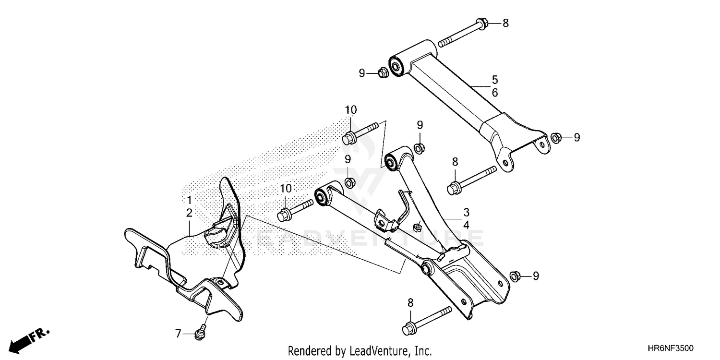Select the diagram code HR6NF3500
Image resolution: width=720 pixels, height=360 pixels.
coord(672,349)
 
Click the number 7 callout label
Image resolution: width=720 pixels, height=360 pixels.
coord(178,333)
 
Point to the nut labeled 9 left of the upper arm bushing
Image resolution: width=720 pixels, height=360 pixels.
coord(383,73)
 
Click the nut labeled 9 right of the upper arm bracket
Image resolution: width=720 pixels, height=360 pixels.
coord(556,138)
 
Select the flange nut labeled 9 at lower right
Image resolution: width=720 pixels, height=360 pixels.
coord(514,276)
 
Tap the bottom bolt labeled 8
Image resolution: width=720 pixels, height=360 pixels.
coord(409,329)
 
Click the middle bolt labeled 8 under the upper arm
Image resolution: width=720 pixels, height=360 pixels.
coord(454,189)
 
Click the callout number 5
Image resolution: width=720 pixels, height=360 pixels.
coord(494,79)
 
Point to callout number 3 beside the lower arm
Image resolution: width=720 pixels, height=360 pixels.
coord(466,212)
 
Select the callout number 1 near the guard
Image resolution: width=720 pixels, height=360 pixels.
coord(189,199)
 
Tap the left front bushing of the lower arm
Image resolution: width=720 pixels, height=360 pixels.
coord(320,196)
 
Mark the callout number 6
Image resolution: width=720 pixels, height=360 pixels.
coord(494,93)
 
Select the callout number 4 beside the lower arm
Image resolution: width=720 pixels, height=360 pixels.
coord(466,224)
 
